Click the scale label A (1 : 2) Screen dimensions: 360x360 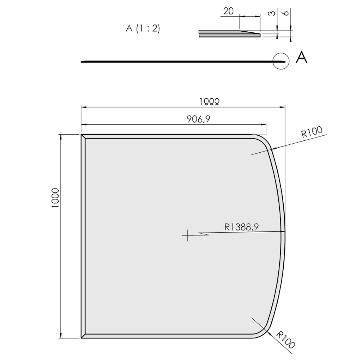(143, 29)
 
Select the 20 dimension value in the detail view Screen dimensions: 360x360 (228, 11)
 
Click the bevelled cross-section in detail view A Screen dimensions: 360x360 (229, 34)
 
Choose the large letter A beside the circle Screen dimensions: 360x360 (301, 58)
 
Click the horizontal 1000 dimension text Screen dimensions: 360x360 (210, 102)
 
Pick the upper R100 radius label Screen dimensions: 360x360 (311, 133)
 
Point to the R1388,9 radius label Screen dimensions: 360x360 (242, 226)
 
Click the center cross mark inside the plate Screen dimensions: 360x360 (187, 235)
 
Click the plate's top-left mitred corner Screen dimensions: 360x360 (83, 136)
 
